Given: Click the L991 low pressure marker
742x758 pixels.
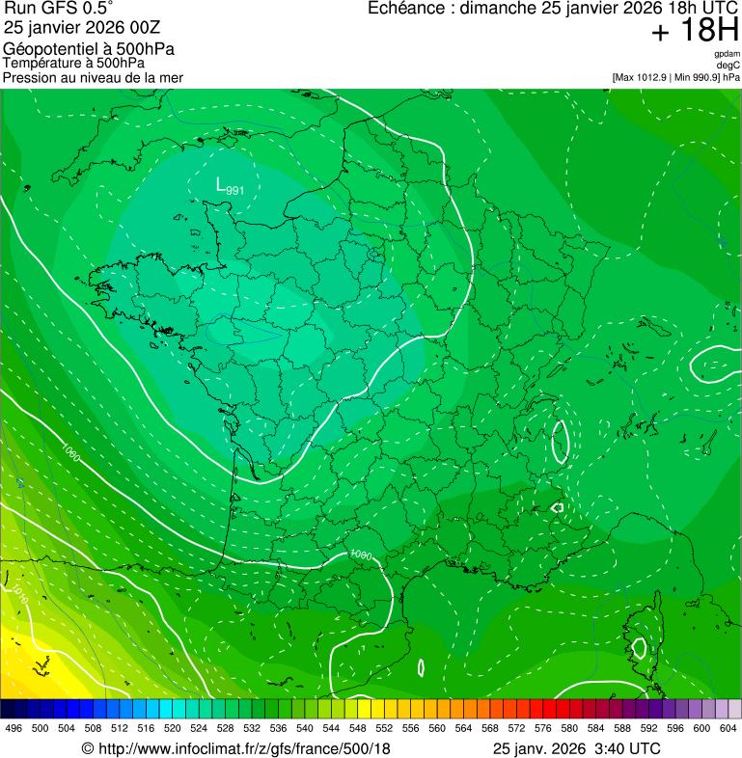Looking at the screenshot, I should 229,186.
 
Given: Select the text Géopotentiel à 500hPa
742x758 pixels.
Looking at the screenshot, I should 89,48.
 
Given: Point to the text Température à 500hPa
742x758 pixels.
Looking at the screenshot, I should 74,63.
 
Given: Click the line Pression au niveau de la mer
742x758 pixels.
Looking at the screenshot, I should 94,77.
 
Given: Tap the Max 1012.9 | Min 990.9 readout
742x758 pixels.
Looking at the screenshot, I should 675,77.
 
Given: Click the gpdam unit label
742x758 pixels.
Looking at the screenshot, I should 727,54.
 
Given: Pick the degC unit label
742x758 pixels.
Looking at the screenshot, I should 728,66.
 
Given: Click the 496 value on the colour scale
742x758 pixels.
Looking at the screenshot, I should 14,728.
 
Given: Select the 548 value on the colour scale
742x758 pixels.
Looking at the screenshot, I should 358,728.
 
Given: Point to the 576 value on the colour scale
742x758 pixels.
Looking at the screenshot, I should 543,728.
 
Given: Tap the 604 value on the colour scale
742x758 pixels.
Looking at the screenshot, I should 728,728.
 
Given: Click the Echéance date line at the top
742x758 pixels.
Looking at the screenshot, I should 540,9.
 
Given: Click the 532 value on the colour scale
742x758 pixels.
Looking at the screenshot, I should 252,728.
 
